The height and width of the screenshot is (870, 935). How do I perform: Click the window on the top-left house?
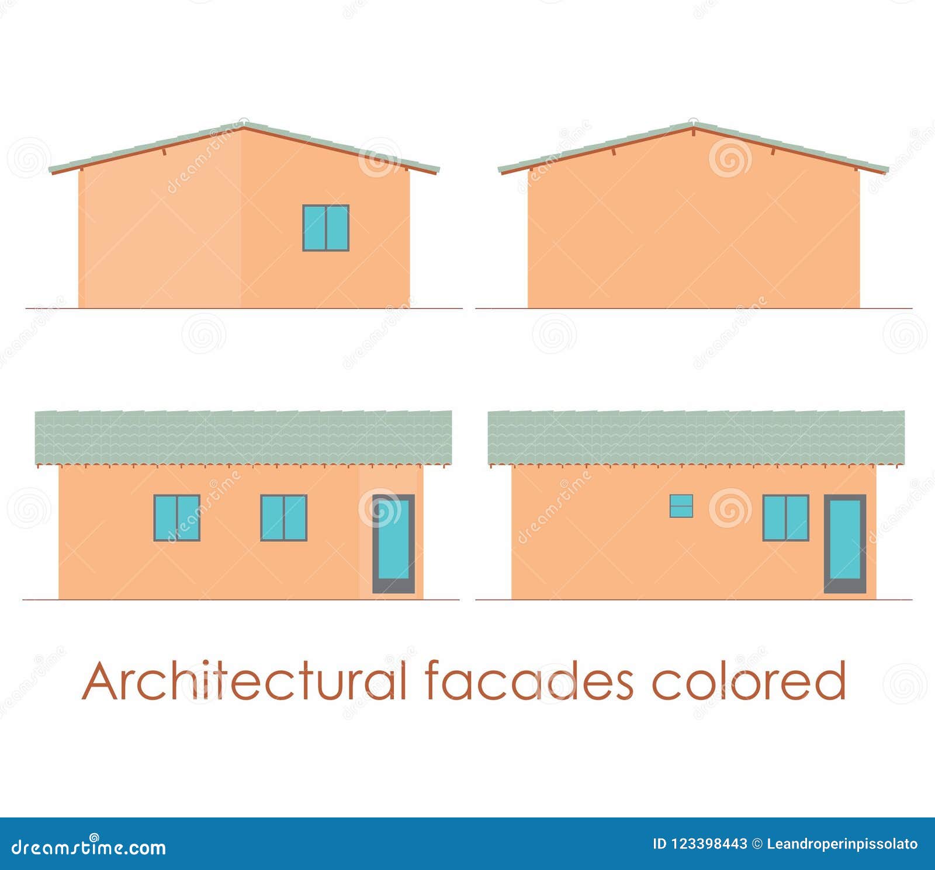pos(325,228)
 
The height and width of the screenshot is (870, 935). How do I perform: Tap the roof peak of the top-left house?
pos(243,124)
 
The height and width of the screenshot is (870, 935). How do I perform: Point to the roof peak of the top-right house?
pos(693,124)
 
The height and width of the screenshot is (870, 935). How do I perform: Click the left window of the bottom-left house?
pos(177,518)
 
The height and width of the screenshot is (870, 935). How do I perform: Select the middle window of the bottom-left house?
pos(283,518)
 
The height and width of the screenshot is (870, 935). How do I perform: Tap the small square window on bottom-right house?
pos(681,506)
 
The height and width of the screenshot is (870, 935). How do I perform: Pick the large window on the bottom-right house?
pos(786,518)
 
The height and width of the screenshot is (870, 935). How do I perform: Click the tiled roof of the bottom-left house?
pos(243,438)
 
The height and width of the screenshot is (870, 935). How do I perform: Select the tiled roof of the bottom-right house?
pos(696,438)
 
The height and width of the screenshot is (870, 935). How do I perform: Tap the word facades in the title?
pos(529,681)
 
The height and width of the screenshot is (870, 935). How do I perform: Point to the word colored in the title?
pos(749,681)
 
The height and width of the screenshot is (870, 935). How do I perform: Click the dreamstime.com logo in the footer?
pos(89,846)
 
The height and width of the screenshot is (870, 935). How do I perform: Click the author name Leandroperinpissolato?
pos(842,844)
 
